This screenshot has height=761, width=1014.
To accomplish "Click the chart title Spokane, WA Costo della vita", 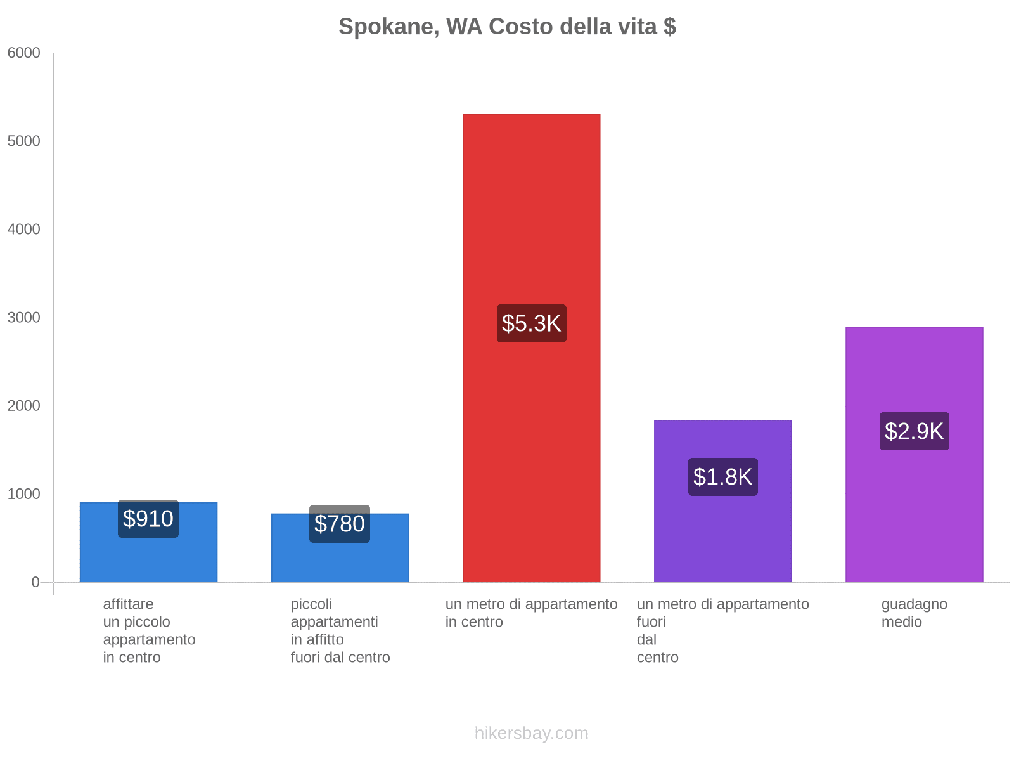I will coord(507,27).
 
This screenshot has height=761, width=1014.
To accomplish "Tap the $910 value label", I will coord(148,519).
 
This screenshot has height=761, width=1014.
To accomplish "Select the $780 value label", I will coord(340,524).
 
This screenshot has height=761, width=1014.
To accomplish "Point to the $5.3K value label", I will coord(531,323).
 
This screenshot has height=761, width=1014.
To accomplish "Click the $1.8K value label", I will coord(722,477).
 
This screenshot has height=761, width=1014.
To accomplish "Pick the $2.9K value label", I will coord(914,431).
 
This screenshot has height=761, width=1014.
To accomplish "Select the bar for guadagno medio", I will coord(914,507).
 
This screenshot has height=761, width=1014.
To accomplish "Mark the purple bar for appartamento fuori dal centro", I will coord(722,539).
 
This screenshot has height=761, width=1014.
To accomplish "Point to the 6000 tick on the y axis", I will coord(24,53).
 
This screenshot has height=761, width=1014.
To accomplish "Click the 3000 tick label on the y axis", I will coord(24,318).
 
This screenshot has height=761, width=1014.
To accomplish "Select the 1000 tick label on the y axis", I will coord(24,494).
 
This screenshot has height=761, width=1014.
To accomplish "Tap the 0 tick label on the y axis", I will coord(35,582).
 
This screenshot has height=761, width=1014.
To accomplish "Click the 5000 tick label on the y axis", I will coord(24,141).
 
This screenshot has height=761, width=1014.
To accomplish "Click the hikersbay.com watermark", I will coord(531,733).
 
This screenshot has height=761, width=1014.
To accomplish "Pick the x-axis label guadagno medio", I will coord(914,613).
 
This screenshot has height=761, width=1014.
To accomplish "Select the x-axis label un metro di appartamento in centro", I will coord(531,613).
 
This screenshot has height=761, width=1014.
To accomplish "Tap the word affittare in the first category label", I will coord(128,604).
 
